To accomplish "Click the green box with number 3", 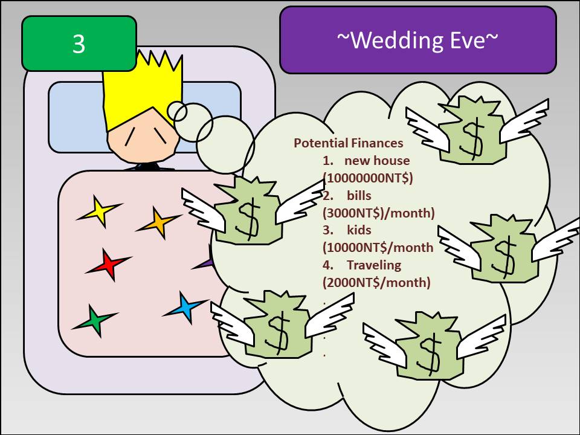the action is pyautogui.click(x=79, y=43).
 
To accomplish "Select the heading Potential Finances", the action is pyautogui.click(x=349, y=143).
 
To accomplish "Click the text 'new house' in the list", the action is pyautogui.click(x=377, y=161).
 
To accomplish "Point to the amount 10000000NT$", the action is pyautogui.click(x=369, y=178).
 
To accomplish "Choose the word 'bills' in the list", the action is pyautogui.click(x=359, y=195).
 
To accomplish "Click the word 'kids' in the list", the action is pyautogui.click(x=359, y=230).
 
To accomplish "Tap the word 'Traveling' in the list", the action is pyautogui.click(x=374, y=265).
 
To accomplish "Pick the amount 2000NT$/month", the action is pyautogui.click(x=376, y=283).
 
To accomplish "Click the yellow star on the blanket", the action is pyautogui.click(x=98, y=211).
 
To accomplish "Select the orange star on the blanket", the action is pyautogui.click(x=158, y=223).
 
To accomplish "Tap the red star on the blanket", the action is pyautogui.click(x=108, y=265).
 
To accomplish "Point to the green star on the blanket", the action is pyautogui.click(x=95, y=320).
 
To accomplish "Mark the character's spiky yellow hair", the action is pyautogui.click(x=143, y=91).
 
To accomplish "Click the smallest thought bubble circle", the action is pyautogui.click(x=177, y=111).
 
